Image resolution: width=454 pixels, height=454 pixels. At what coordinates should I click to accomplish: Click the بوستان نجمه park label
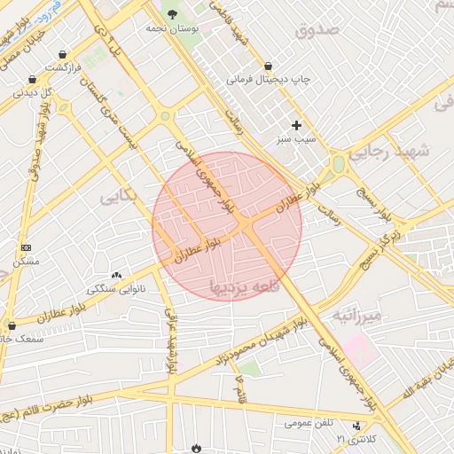171,28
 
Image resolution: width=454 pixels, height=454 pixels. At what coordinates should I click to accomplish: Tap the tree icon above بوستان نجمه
172,13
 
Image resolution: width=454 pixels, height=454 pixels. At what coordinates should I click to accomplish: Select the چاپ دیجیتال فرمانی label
270,80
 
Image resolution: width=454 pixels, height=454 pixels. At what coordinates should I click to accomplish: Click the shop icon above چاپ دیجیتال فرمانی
269,66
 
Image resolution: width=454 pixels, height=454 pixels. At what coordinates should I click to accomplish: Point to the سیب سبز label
296,139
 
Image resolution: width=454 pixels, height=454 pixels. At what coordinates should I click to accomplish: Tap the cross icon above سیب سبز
296,125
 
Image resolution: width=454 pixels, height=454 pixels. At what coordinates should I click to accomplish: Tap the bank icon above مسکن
26,247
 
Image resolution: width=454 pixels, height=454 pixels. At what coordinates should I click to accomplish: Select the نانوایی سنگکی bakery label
117,290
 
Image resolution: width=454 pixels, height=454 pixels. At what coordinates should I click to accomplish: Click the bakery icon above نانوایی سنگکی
117,276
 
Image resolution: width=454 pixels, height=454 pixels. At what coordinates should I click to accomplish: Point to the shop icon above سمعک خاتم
11,325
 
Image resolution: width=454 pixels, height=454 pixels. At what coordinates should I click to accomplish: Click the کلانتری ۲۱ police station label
356,440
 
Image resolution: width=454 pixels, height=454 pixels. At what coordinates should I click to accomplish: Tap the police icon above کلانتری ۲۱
356,426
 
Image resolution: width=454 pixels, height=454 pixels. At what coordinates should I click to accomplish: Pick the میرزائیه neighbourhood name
356,316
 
